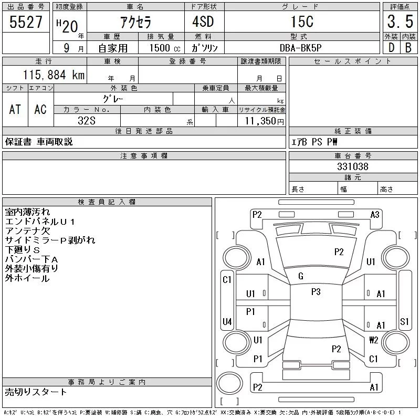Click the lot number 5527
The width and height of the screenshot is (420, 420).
click(26, 23)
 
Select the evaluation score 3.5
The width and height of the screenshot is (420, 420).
click(400, 23)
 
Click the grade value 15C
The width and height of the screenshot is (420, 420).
click(302, 23)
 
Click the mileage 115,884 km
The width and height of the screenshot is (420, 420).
click(53, 75)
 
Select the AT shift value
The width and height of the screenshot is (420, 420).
click(15, 109)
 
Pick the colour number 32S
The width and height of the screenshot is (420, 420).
click(87, 121)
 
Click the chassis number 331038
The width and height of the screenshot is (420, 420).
click(352, 167)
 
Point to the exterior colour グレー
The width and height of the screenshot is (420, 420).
click(113, 98)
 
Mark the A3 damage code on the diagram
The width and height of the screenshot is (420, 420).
click(375, 214)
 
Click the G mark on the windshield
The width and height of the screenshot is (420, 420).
click(301, 276)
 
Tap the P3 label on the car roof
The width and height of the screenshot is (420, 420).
click(316, 292)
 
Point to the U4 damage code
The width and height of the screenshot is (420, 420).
click(227, 321)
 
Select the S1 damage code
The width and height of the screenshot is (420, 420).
click(404, 321)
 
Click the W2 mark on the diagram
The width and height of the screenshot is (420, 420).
click(374, 340)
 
